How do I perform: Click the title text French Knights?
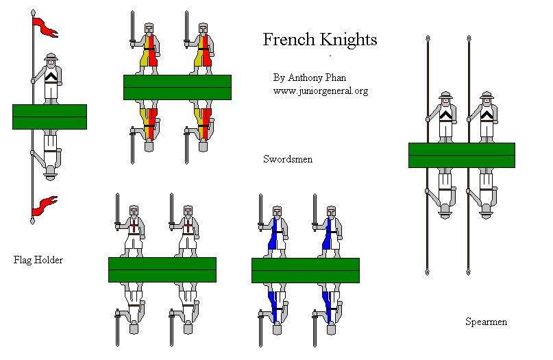click(x=320, y=40)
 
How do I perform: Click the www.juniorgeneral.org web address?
click(x=320, y=91)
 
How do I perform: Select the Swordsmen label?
click(x=288, y=159)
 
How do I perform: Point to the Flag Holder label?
click(x=38, y=260)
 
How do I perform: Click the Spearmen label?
click(x=486, y=321)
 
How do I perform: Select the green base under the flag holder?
click(x=49, y=117)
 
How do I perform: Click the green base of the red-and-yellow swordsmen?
click(x=177, y=87)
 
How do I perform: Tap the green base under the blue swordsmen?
click(x=306, y=270)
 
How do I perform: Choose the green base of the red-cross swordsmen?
click(x=162, y=269)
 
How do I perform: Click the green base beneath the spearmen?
click(x=461, y=155)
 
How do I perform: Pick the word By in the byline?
click(x=278, y=77)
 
